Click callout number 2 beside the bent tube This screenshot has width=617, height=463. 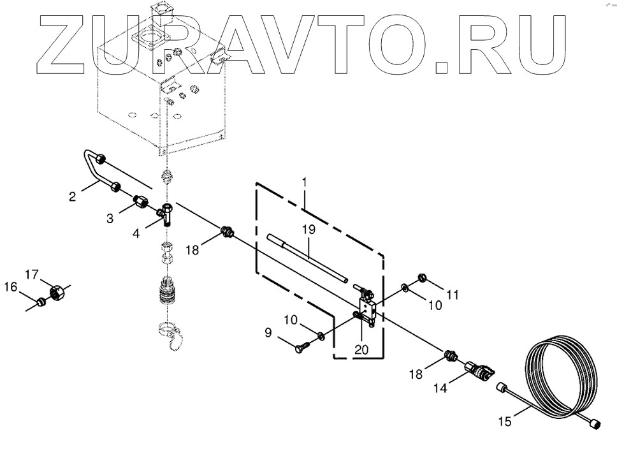73,197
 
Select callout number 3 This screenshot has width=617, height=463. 110,218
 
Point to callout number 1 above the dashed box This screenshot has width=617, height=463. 304,182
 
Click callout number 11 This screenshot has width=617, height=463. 452,295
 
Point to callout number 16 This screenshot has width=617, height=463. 10,288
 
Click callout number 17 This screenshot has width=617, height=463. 32,274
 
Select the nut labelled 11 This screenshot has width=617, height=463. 421,277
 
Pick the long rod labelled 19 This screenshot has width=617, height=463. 307,258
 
